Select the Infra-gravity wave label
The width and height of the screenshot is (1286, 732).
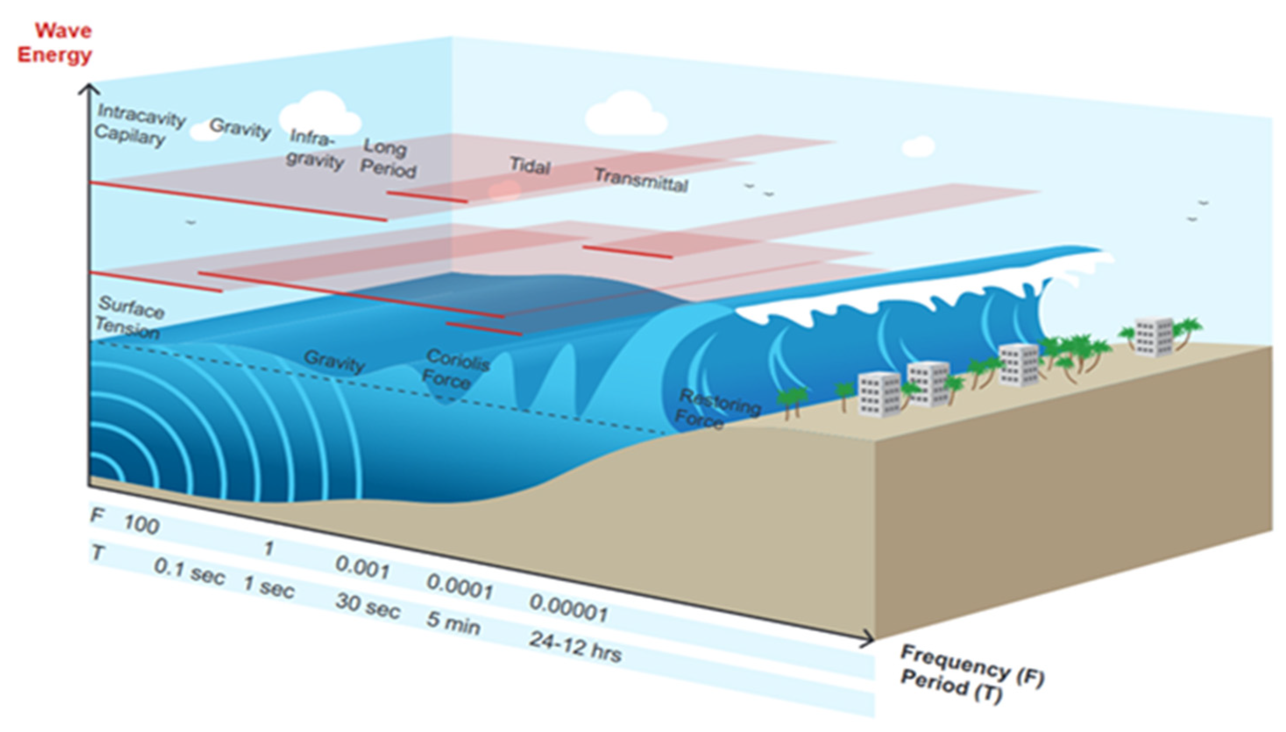pyautogui.click(x=315, y=149)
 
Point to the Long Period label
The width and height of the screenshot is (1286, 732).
pyautogui.click(x=387, y=158)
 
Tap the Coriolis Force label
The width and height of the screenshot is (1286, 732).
pyautogui.click(x=453, y=369)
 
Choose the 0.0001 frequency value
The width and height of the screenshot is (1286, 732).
pyautogui.click(x=459, y=586)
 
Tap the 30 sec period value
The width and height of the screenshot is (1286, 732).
pyautogui.click(x=367, y=606)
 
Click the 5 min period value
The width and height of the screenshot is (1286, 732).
pyautogui.click(x=453, y=623)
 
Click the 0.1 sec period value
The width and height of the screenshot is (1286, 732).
pyautogui.click(x=188, y=572)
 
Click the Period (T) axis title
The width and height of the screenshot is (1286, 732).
pyautogui.click(x=951, y=687)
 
